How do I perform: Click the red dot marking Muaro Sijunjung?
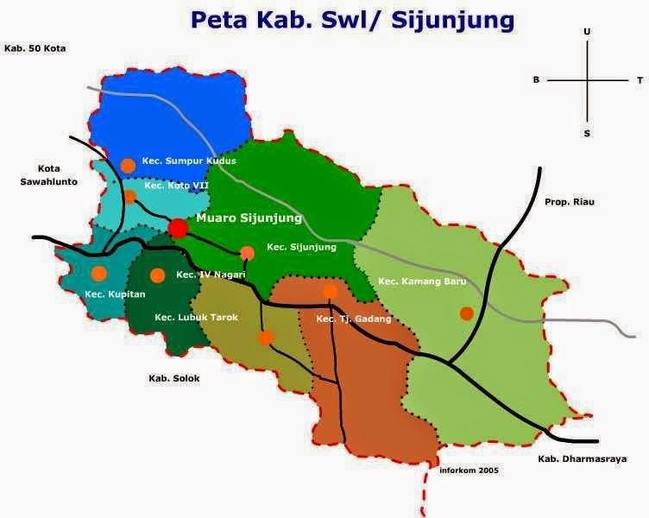[x=178, y=228]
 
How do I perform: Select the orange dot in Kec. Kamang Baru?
[x=467, y=313]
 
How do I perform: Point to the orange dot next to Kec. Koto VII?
[x=129, y=196]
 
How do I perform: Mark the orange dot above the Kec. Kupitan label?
[x=98, y=274]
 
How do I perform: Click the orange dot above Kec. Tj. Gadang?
[x=330, y=293]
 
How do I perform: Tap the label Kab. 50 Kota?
[x=35, y=48]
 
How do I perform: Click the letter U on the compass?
[x=587, y=31]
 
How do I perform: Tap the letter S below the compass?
[x=587, y=133]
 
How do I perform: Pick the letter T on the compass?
[x=640, y=80]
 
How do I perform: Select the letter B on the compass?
[x=536, y=80]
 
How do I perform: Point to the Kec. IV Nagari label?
[x=211, y=275]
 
